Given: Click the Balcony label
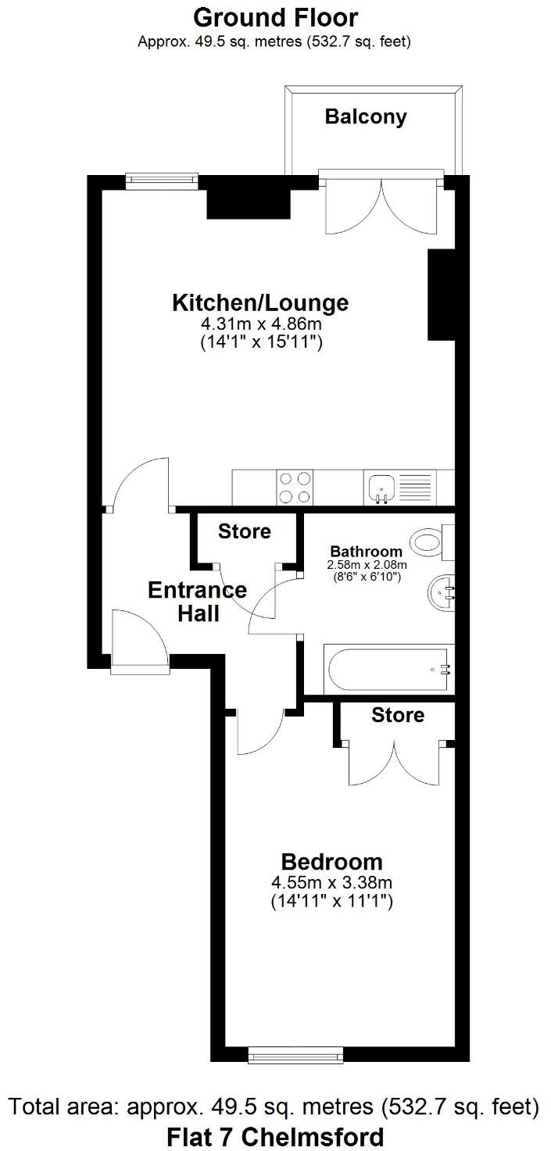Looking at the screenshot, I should click(x=366, y=117).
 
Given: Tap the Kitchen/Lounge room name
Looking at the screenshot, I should click(x=260, y=302).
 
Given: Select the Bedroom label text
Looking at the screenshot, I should click(x=331, y=862).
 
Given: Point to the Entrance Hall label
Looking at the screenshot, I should click(x=198, y=602).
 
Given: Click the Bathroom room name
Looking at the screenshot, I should click(x=366, y=552).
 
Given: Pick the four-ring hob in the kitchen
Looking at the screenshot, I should click(x=295, y=487).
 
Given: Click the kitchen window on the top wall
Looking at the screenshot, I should click(x=163, y=180).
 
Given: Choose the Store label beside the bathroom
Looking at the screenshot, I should click(x=244, y=532).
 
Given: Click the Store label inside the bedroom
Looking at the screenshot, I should click(x=398, y=715).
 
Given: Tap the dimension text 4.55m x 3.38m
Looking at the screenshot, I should click(x=331, y=883).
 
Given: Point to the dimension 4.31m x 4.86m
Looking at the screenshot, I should click(x=260, y=323).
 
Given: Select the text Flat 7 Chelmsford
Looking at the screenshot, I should click(x=275, y=1135).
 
